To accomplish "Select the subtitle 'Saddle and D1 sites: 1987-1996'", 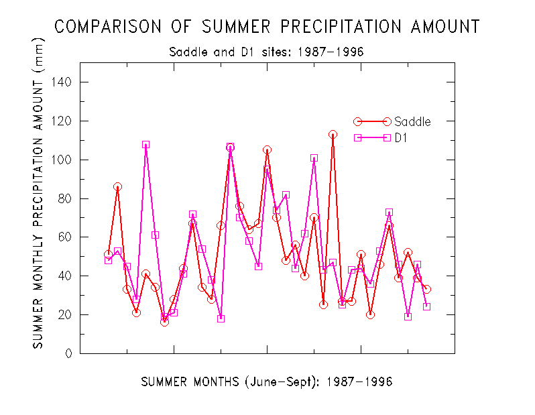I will point(267,52).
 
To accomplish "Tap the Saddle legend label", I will point(412,121).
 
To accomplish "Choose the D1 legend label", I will point(402,137).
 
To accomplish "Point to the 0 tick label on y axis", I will point(68,353).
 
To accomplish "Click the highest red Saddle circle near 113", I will point(333,135).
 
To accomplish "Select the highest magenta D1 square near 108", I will point(145,144).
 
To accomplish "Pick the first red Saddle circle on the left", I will point(108,255).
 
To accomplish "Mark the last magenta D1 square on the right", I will point(426,306).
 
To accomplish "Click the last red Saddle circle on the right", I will point(426,289).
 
